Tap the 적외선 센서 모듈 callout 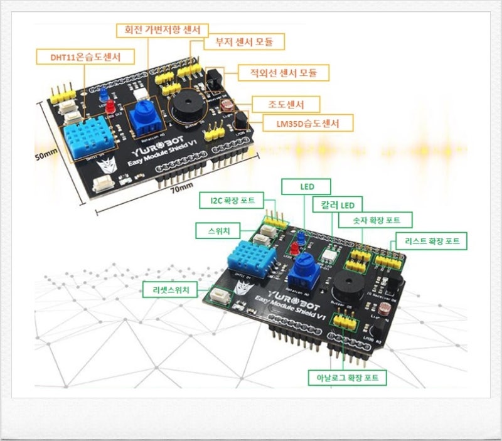283,73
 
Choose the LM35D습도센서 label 306,123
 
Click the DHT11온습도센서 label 85,57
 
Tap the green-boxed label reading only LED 306,186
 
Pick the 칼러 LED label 339,205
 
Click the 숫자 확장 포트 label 375,220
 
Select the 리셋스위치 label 169,290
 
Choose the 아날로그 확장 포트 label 347,378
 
